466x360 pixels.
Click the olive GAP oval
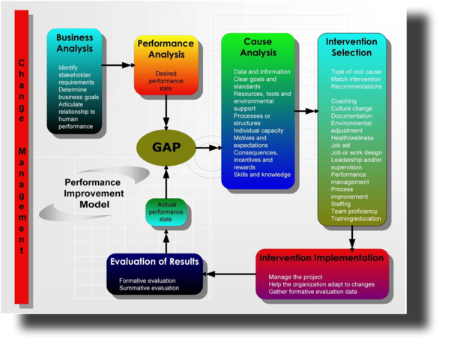(x=166, y=146)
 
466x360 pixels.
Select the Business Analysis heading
(x=75, y=43)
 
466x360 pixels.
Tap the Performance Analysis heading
(x=166, y=49)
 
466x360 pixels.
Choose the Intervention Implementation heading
(x=321, y=258)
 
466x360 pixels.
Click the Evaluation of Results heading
(x=154, y=262)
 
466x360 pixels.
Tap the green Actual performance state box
(x=166, y=213)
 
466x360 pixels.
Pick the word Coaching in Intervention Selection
(x=345, y=100)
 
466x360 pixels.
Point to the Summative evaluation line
(x=149, y=288)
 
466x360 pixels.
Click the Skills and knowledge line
(x=262, y=175)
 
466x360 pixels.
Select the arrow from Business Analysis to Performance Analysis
(x=118, y=65)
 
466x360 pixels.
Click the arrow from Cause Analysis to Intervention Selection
(x=305, y=111)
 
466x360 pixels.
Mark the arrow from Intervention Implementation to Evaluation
(x=230, y=274)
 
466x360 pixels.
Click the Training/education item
(x=356, y=219)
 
